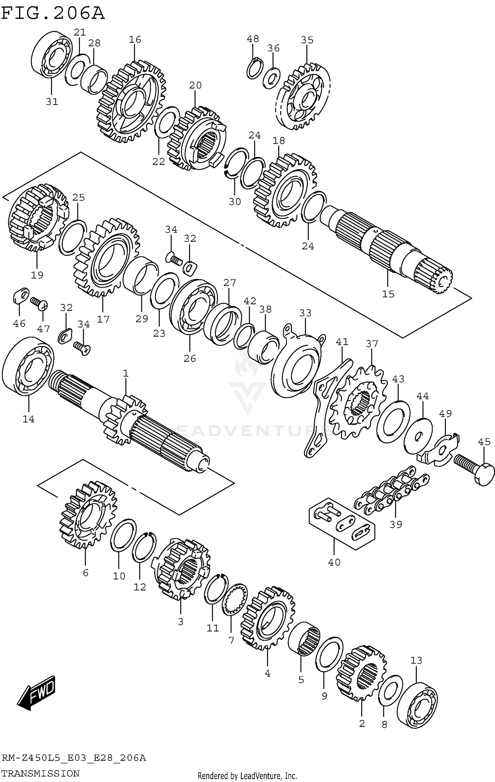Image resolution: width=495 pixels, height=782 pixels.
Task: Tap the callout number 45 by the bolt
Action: coord(484,442)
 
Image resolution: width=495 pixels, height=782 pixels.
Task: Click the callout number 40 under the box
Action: coord(334,562)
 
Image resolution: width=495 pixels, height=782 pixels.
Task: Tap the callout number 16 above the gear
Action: coord(135,40)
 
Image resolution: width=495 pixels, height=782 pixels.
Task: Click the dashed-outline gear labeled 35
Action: coord(303,96)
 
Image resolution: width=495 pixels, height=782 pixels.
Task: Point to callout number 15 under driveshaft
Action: coord(388,294)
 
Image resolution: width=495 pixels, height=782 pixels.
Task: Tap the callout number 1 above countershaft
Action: coord(126,373)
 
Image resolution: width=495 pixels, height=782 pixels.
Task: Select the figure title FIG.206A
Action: coord(53,13)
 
